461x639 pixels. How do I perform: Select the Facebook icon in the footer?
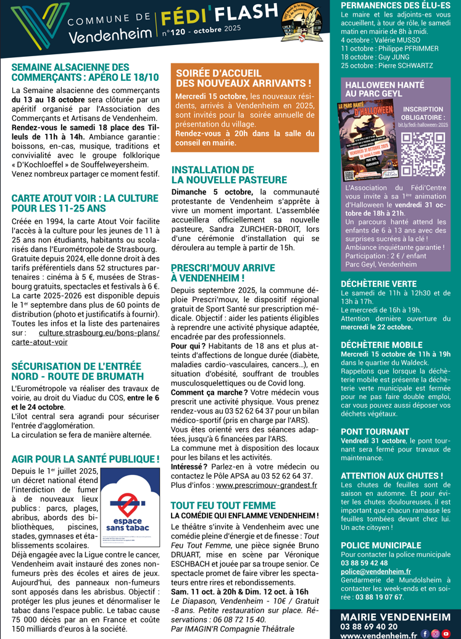point(425,633)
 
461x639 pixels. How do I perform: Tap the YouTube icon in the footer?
point(446,633)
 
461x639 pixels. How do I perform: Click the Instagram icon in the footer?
point(435,633)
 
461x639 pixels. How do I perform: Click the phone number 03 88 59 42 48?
point(364,564)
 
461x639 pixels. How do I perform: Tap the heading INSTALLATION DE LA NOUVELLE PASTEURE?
point(229,175)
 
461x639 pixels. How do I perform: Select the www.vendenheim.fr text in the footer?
point(378,634)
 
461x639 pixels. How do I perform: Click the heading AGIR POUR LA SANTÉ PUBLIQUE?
point(85,459)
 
